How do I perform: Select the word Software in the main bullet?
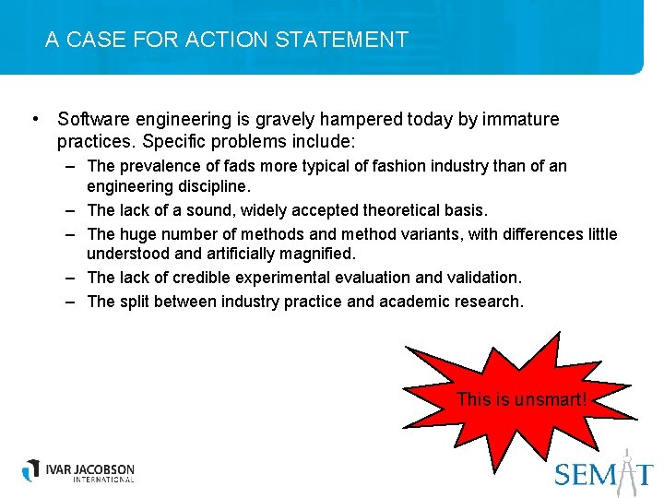pyautogui.click(x=90, y=120)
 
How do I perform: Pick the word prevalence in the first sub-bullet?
pyautogui.click(x=160, y=167)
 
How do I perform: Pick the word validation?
pyautogui.click(x=484, y=278)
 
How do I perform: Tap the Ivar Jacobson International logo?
pyautogui.click(x=78, y=471)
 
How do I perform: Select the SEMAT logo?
pyautogui.click(x=604, y=471)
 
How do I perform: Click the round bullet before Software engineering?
pyautogui.click(x=33, y=119)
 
